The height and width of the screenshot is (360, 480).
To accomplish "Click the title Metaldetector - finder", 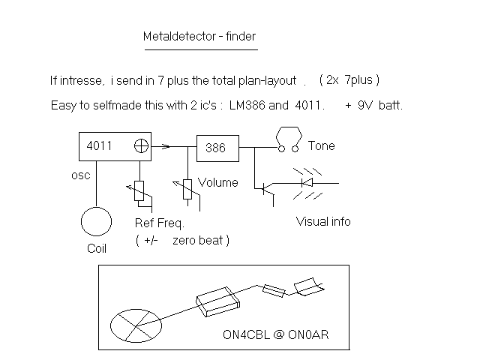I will (200, 36).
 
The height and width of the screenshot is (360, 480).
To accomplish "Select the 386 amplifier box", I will (217, 148).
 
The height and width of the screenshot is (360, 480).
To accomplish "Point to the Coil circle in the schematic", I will (97, 223).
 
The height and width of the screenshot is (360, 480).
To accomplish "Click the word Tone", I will (321, 145).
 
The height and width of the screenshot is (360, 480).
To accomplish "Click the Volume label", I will (218, 182).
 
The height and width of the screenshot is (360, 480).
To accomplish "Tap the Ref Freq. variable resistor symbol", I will (140, 192).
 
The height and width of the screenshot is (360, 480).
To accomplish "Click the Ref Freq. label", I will (158, 223).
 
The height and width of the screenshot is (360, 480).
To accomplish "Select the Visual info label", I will (323, 221).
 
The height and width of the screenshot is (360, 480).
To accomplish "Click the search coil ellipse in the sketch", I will (136, 324).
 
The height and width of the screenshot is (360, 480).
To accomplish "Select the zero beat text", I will (200, 240).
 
